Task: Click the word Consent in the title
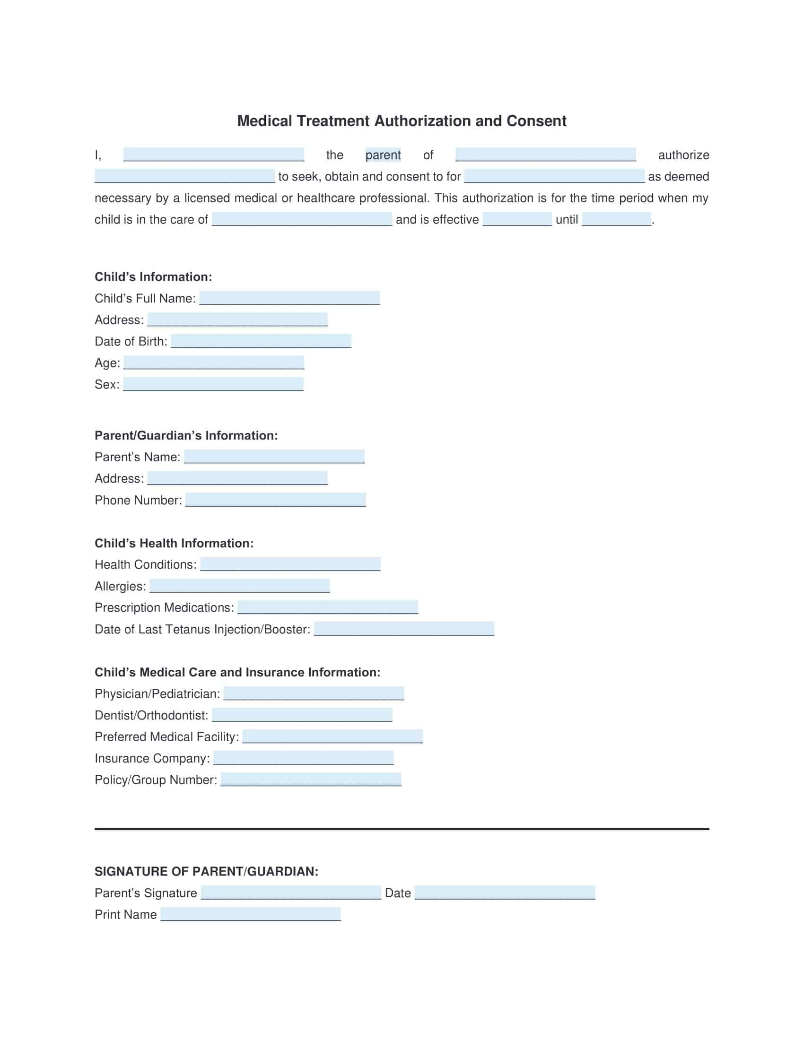536,121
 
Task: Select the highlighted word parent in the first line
383,155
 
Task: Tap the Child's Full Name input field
289,298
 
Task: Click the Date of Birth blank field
261,341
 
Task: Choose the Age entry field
214,363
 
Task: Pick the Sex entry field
213,384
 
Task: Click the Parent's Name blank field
274,457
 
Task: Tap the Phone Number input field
276,500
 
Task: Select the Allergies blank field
240,586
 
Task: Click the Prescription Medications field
328,607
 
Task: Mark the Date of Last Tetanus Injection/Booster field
404,629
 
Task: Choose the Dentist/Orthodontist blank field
302,715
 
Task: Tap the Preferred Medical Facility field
332,736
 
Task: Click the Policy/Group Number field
311,780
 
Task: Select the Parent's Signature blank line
291,893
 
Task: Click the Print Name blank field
251,914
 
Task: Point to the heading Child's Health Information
174,543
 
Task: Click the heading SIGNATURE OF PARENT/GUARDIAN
206,871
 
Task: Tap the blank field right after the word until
616,219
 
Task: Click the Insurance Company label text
152,758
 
